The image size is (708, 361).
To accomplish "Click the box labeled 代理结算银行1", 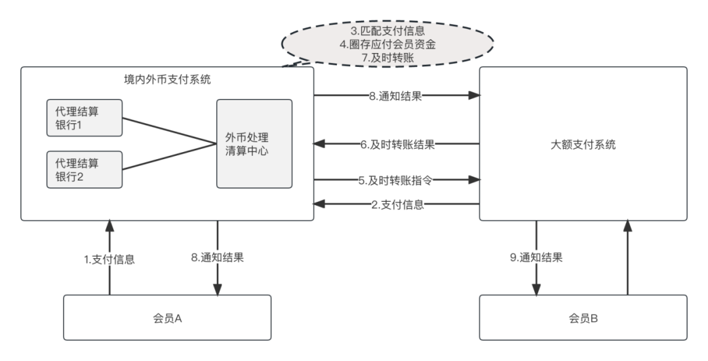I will [85, 117].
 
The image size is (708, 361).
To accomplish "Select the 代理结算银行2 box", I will [85, 168].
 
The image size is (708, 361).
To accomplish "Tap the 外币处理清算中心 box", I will [254, 143].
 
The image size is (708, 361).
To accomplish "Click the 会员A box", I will [167, 318].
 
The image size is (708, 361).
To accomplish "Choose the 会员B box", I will [583, 318].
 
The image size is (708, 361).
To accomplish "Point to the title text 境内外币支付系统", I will [167, 79].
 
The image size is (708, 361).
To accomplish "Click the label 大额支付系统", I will [583, 145].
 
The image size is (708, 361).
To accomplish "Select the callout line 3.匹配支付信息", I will [387, 30].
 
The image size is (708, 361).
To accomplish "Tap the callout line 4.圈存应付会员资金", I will [387, 44].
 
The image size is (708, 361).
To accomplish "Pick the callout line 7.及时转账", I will [387, 58].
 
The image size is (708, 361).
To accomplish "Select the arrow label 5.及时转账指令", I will [395, 180].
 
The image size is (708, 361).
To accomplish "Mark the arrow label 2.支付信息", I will [398, 204].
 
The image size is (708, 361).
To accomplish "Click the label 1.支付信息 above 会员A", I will [109, 259].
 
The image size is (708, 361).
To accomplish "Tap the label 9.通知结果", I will [536, 257].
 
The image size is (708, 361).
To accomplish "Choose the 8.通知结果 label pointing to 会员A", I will [218, 257].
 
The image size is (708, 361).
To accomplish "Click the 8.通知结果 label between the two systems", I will [395, 96].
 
